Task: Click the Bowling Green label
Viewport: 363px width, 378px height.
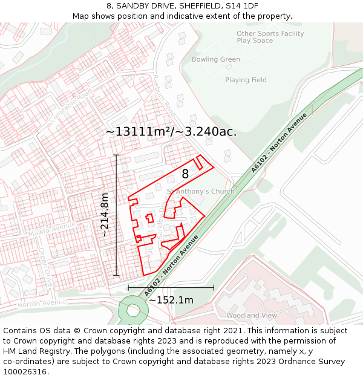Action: (x=216, y=59)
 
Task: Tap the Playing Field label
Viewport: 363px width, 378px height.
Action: (x=246, y=80)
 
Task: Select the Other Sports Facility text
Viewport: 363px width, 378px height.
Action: (x=270, y=33)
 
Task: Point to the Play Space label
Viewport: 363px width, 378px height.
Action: (x=255, y=41)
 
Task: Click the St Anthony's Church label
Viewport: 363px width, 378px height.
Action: (x=200, y=191)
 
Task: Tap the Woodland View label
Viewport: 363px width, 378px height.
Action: (x=252, y=315)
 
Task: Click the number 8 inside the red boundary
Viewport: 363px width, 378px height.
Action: (x=185, y=174)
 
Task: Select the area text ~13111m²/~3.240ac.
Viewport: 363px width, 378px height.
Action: (x=171, y=131)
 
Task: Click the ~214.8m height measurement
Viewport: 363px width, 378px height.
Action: (x=105, y=215)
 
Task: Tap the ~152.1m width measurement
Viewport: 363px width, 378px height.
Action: (x=171, y=300)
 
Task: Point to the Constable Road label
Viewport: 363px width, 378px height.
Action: (x=72, y=103)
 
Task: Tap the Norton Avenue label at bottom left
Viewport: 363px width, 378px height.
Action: (x=42, y=303)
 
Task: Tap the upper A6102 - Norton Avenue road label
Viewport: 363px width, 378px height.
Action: (x=279, y=143)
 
